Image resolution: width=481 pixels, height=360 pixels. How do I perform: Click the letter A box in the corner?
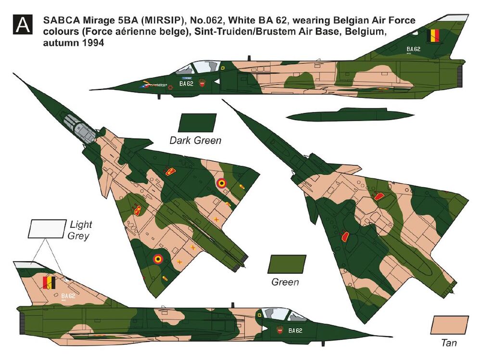tap(23, 25)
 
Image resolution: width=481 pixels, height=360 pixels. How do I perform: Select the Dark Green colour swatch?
tap(197, 123)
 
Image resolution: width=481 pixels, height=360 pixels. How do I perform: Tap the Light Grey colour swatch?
tap(47, 229)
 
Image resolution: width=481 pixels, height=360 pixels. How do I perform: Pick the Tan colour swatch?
tap(449, 325)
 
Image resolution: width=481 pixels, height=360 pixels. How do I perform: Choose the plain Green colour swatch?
tap(287, 264)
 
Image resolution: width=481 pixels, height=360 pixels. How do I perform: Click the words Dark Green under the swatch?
tap(195, 141)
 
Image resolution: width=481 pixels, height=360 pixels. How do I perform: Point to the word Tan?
tap(449, 343)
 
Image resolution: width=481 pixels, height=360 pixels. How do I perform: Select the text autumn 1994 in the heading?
tap(73, 42)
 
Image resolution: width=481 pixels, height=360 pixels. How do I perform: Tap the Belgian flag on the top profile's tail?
tap(433, 35)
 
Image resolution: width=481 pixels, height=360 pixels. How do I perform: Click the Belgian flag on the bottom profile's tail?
tap(49, 283)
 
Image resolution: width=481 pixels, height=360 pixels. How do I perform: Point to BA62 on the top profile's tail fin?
tap(413, 49)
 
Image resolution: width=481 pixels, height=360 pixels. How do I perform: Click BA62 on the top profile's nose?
tap(186, 83)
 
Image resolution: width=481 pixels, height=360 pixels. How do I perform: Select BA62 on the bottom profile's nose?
tap(295, 331)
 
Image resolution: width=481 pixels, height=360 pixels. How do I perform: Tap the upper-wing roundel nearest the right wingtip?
tap(221, 183)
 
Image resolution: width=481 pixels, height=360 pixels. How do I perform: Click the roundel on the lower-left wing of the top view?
tap(158, 259)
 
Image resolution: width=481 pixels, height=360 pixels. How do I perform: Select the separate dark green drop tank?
tap(350, 114)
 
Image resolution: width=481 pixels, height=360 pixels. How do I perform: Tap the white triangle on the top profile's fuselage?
tap(217, 82)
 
